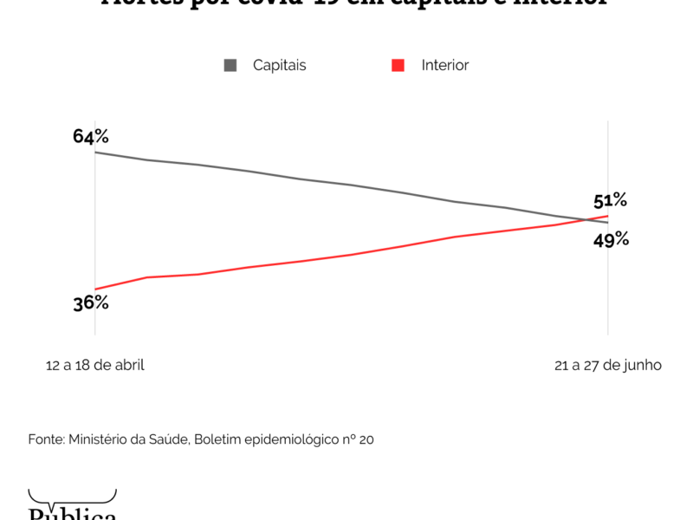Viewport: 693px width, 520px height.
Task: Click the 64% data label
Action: click(91, 136)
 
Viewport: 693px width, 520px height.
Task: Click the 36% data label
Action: click(91, 302)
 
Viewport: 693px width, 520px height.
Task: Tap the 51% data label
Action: click(610, 201)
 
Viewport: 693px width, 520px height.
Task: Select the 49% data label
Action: click(611, 240)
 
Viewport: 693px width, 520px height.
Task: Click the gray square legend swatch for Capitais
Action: click(230, 65)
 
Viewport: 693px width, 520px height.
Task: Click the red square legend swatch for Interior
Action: click(398, 65)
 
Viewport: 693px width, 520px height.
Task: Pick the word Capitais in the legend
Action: click(279, 65)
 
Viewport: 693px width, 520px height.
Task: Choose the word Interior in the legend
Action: click(445, 65)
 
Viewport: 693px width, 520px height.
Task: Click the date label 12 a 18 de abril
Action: click(95, 365)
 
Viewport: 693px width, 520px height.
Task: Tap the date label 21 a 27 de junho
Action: click(608, 365)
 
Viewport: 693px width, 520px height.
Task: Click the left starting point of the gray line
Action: click(94, 153)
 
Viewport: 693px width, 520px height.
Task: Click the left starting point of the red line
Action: click(94, 289)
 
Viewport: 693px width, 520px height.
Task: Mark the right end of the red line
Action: click(608, 216)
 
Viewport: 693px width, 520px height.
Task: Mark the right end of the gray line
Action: click(608, 223)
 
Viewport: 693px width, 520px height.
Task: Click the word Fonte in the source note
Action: click(46, 440)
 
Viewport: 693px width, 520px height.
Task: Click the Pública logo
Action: click(73, 509)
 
